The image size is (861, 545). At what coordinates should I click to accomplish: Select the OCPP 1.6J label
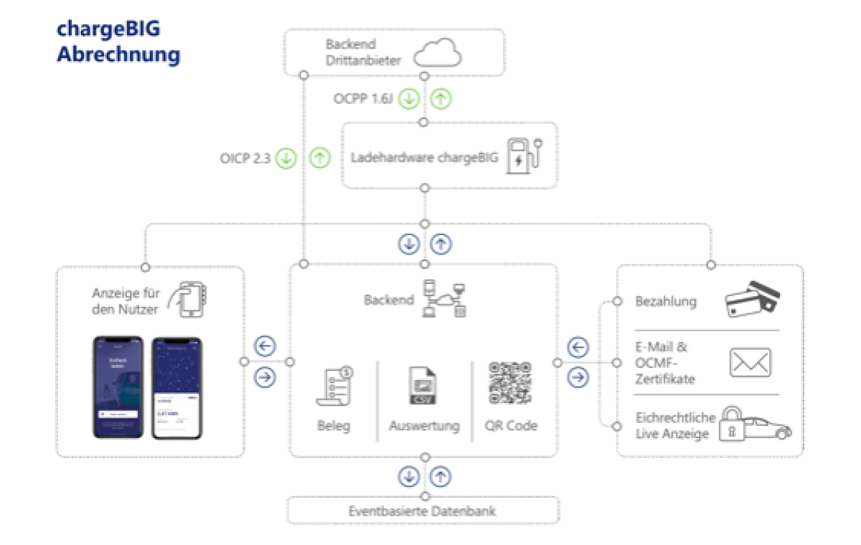363,98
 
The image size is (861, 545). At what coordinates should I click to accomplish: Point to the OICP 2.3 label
245,158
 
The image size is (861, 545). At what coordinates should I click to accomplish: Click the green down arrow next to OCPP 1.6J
409,99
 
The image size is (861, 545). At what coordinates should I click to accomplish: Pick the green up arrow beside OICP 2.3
320,158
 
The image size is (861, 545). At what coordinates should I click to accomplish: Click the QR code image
510,383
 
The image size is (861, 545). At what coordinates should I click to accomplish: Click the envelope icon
750,362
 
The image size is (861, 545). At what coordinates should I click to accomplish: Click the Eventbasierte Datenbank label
423,511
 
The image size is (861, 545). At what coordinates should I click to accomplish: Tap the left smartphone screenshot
118,387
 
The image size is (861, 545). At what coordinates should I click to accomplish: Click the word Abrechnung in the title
118,54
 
